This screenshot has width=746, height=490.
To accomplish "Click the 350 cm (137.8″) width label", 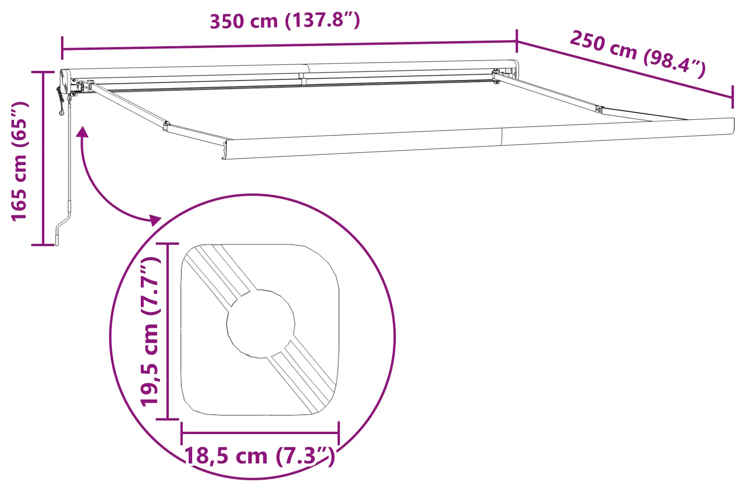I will pos(284,21).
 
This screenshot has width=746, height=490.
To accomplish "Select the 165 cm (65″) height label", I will pos(20,161).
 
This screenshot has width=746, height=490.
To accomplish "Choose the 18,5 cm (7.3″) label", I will pos(260,455).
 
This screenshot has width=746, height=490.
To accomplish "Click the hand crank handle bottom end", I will pos(57,241).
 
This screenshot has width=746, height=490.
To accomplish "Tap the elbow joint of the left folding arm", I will pos(166,125).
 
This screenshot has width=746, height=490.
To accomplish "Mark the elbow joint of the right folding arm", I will pos(599,110).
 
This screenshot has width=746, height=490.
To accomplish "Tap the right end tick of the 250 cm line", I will pos(732,97).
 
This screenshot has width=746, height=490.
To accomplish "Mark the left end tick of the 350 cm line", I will pos(62,48).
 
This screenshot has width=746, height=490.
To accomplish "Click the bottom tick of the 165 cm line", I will pos(43,244).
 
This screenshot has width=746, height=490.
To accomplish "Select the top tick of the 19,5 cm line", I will pos(167,243).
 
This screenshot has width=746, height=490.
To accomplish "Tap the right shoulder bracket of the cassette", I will pos(497,76).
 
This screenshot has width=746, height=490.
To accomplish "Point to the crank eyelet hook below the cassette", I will pos(62,112).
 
